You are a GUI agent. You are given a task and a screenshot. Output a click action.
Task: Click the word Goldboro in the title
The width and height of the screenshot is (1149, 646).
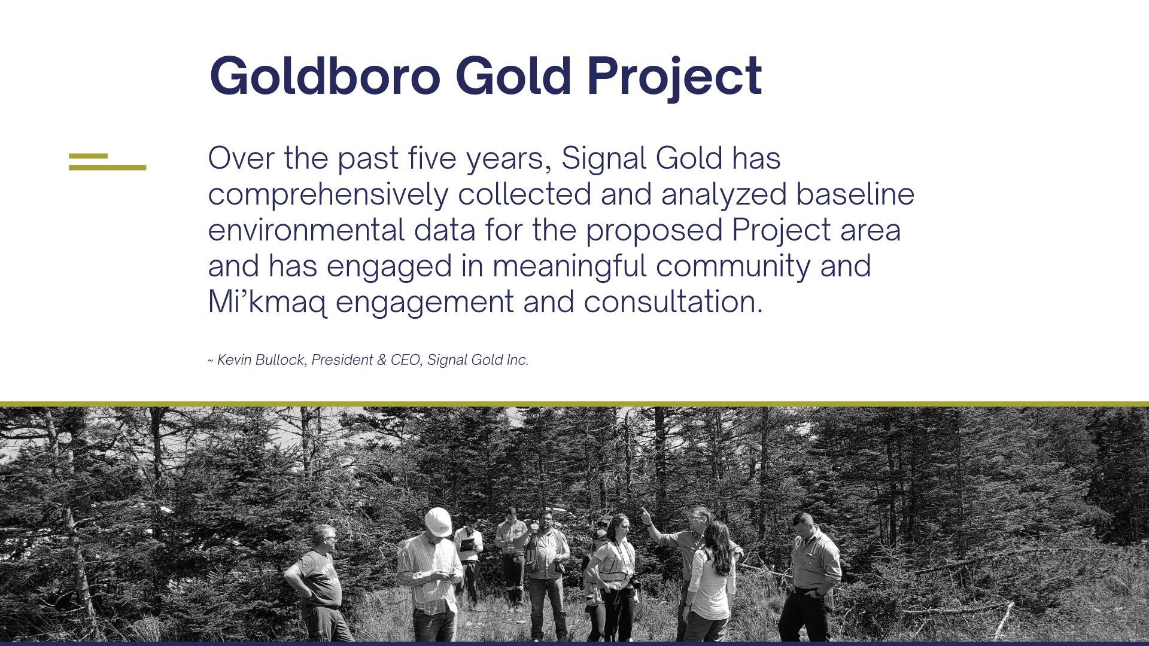point(325,75)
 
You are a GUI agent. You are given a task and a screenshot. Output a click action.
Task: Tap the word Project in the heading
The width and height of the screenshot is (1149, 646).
point(674,77)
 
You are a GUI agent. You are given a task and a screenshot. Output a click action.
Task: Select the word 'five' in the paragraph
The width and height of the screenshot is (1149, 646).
point(432,158)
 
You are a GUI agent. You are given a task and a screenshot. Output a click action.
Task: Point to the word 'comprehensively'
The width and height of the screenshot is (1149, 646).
point(328,195)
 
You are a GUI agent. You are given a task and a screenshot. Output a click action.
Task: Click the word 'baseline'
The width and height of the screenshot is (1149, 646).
point(855,194)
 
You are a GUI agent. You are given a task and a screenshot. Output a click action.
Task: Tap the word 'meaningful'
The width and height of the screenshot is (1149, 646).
point(569,267)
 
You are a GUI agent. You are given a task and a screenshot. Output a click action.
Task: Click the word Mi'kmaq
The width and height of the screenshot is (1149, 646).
point(268,303)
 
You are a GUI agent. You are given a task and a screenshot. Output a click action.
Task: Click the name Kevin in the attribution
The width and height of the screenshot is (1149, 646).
point(234,359)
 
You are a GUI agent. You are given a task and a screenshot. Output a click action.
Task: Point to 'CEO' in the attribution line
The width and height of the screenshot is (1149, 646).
point(405,359)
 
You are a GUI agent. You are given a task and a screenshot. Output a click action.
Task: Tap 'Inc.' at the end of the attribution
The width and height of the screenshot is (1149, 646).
point(518,359)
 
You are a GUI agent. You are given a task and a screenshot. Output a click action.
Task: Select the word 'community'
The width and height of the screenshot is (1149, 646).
point(733,267)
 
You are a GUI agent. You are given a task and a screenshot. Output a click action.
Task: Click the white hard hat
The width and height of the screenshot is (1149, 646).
point(439,522)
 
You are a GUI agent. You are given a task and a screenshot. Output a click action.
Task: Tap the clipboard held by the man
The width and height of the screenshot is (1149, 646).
point(467,544)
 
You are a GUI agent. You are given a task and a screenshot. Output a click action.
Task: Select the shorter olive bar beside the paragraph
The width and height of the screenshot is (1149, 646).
point(88,156)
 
